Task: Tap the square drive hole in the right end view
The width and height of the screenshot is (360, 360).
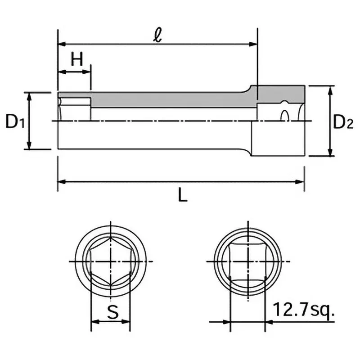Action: [247, 261]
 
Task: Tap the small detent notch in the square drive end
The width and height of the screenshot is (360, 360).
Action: [284, 116]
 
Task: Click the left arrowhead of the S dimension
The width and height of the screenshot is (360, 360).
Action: [95, 322]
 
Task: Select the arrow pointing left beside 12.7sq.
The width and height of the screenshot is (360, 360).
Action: [270, 322]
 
